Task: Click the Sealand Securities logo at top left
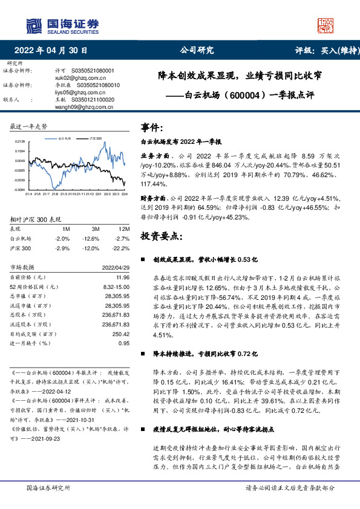tap(61, 25)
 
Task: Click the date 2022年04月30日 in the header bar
tap(54, 50)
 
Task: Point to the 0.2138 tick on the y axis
tap(19, 140)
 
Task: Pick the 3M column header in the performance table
tap(95, 230)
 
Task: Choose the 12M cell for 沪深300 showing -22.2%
tap(121, 248)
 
